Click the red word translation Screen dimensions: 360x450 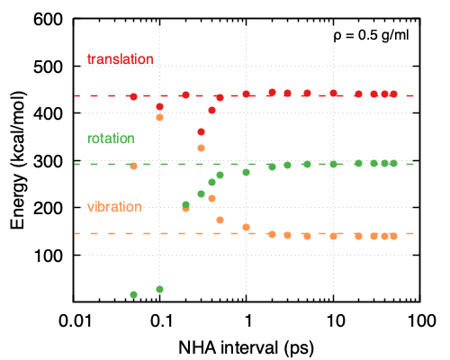coord(120,59)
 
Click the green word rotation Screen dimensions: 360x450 coord(111,139)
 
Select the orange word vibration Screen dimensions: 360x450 coord(114,207)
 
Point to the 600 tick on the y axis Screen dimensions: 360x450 coord(51,20)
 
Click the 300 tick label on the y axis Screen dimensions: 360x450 coord(51,161)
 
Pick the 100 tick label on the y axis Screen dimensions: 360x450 coord(51,256)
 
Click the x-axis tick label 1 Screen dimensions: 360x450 coord(247,320)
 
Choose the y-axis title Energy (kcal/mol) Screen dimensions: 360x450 coord(17,160)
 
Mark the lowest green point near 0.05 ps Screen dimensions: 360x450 coord(134,294)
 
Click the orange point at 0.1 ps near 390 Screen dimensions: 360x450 coord(160,118)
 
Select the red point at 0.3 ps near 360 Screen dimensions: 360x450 coord(202,132)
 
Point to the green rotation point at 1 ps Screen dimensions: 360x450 coord(247,173)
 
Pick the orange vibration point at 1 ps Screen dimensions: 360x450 coord(247,228)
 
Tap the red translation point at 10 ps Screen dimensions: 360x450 coord(333,93)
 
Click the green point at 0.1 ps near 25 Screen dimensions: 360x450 coord(160,289)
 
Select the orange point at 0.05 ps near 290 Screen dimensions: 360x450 coord(134,166)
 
